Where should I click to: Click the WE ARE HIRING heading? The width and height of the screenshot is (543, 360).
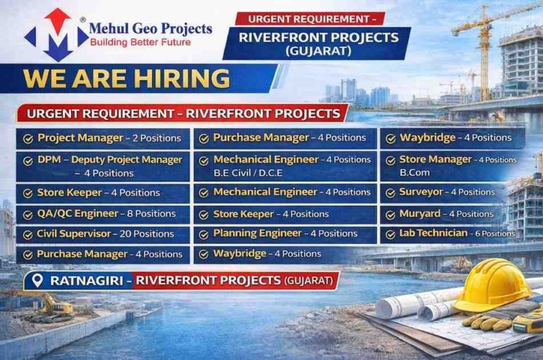click(127, 78)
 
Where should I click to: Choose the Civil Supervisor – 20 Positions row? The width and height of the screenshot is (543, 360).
click(105, 233)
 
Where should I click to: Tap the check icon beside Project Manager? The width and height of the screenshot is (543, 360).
click(28, 139)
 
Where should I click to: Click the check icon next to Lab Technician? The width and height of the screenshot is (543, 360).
click(390, 233)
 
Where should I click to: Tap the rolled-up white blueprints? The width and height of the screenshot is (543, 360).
click(417, 304)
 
